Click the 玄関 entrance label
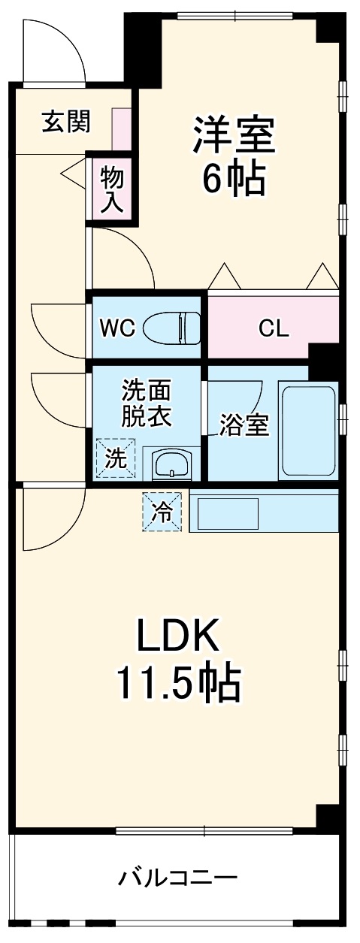pyautogui.click(x=65, y=121)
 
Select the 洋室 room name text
pyautogui.click(x=234, y=135)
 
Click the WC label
pyautogui.click(x=117, y=328)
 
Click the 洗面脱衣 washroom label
pyautogui.click(x=147, y=403)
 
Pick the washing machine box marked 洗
pyautogui.click(x=116, y=458)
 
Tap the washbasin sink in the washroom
pyautogui.click(x=172, y=464)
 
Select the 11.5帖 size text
pyautogui.click(x=178, y=683)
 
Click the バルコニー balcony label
pyautogui.click(x=178, y=877)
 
